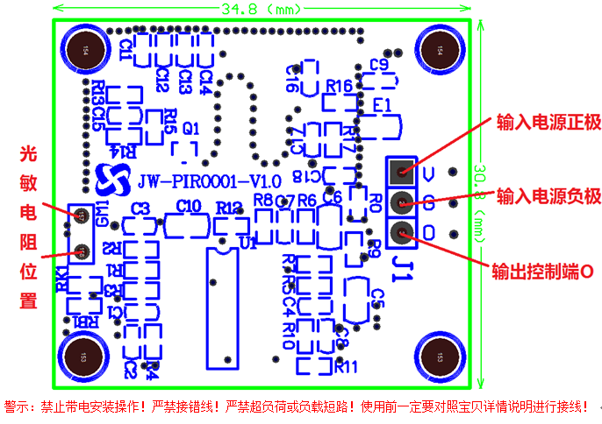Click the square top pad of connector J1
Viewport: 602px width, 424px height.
[x=402, y=170]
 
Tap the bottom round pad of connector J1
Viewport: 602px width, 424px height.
[x=401, y=232]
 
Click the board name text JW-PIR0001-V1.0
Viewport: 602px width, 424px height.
[x=209, y=181]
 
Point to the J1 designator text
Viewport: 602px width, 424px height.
[x=403, y=260]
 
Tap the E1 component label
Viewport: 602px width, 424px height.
[x=382, y=105]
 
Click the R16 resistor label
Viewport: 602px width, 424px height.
[x=339, y=86]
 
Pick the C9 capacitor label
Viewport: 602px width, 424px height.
[x=379, y=64]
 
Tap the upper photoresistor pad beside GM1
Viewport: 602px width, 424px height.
[x=81, y=214]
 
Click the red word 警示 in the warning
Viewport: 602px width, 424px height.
[x=18, y=407]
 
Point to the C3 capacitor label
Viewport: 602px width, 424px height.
[x=140, y=208]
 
